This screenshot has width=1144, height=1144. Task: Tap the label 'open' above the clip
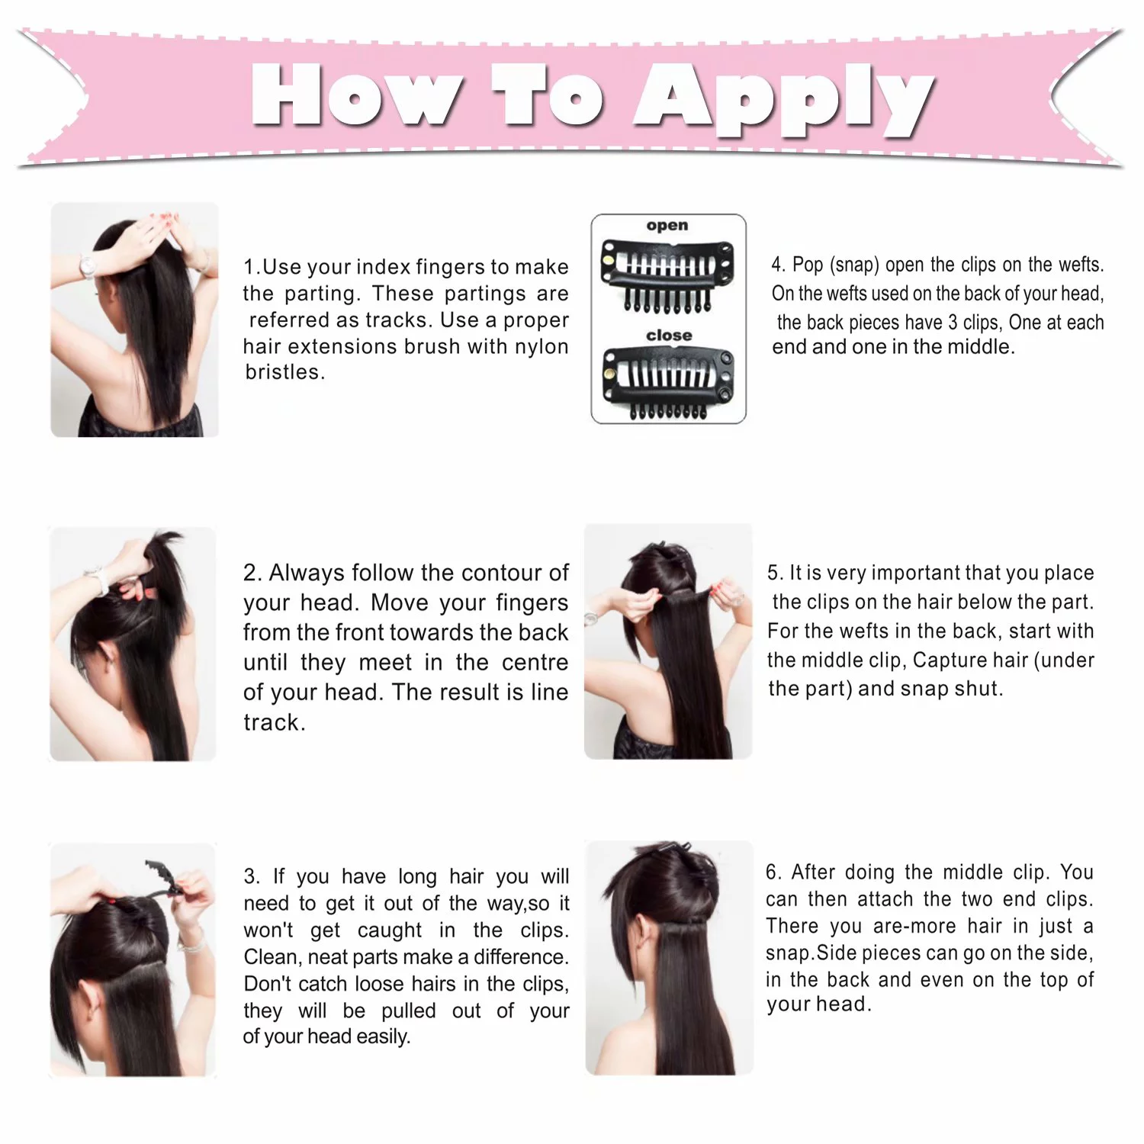click(667, 226)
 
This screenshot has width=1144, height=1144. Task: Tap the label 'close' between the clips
click(669, 336)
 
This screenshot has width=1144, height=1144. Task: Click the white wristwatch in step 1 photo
click(88, 265)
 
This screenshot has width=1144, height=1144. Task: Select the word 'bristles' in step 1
click(283, 372)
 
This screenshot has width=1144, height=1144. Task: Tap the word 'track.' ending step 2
click(274, 722)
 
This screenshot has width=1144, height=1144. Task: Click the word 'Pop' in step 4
click(808, 265)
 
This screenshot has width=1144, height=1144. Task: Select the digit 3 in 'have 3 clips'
click(953, 323)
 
